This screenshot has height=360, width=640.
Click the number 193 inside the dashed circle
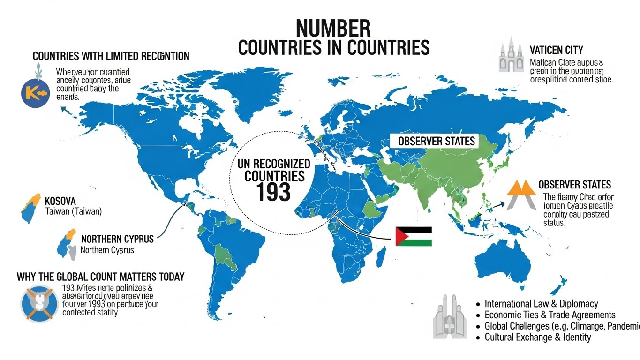[x=274, y=191]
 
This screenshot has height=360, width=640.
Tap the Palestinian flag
[x=413, y=236]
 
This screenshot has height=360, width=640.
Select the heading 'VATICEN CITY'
[x=556, y=50]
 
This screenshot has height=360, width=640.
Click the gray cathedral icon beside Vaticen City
[x=511, y=56]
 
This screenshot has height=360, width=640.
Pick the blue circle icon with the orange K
[x=35, y=92]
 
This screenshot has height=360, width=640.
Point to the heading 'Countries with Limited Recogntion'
[x=111, y=56]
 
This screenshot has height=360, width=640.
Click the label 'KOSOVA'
[x=60, y=201]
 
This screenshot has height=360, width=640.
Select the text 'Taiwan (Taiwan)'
[x=73, y=211]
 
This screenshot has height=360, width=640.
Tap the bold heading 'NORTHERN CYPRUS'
[x=117, y=239]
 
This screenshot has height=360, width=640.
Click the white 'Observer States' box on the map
[x=436, y=141]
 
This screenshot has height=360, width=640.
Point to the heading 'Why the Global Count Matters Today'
[x=100, y=277]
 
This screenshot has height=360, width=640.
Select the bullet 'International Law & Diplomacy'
[x=541, y=304]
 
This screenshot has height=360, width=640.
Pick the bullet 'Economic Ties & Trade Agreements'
[x=550, y=315]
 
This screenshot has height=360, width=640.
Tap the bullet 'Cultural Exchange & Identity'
[x=537, y=337]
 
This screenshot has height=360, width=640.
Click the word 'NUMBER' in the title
[x=333, y=29]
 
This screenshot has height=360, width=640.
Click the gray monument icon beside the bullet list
[x=448, y=316]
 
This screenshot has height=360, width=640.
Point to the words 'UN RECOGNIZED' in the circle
[x=274, y=164]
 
